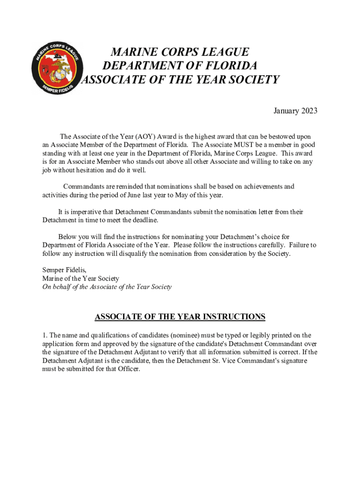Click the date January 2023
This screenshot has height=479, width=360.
pos(295,111)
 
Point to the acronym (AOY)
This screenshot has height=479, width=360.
pos(147,137)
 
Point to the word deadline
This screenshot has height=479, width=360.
pos(145,220)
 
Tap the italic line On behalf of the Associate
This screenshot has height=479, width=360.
pos(107,287)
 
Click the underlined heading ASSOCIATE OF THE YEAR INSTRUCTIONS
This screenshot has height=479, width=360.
pos(180,317)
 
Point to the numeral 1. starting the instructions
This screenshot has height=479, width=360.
pos(45,335)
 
